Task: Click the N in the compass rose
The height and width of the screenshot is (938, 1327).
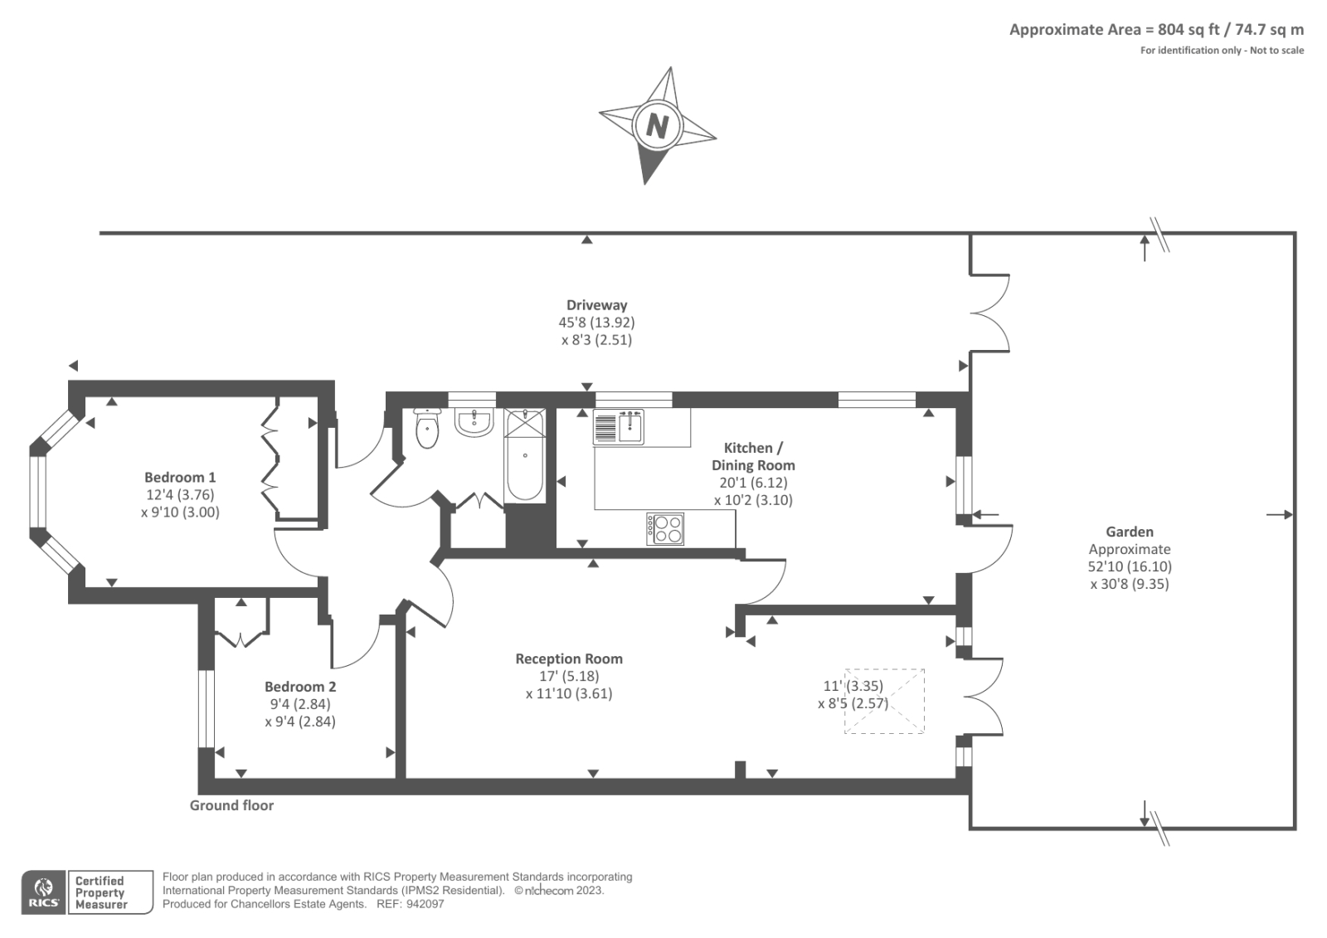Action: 657,126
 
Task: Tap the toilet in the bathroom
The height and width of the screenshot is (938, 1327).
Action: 427,429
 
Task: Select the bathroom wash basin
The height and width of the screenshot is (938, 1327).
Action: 474,422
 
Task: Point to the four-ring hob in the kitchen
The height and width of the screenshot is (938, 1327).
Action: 666,528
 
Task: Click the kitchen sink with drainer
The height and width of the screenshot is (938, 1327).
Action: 619,428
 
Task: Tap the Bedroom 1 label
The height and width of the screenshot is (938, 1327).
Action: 180,477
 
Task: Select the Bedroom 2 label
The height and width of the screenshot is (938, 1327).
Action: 300,687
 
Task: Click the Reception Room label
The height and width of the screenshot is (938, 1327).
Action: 569,659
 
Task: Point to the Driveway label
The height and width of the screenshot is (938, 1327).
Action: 596,305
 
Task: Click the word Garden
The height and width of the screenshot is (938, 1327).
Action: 1129,532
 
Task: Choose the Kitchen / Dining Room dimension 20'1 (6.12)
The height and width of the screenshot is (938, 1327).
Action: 753,483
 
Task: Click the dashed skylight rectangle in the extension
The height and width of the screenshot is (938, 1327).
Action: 884,701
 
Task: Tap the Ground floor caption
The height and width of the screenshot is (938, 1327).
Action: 231,805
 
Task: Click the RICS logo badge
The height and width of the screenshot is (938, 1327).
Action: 43,892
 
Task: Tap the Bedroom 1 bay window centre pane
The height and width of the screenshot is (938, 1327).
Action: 38,493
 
